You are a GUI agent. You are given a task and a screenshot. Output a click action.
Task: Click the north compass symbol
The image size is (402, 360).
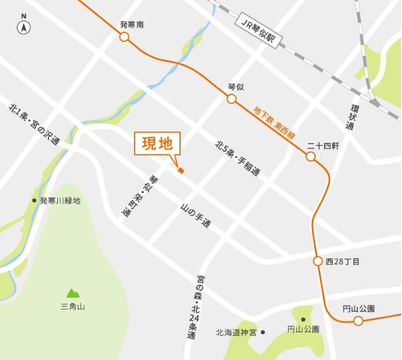pyautogui.click(x=24, y=27)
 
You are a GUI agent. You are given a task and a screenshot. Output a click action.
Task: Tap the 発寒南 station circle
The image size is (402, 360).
pyautogui.click(x=124, y=36)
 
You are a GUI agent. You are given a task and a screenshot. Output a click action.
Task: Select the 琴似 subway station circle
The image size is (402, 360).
pyautogui.click(x=231, y=99)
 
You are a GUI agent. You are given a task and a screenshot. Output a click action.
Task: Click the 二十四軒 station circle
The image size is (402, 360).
pyautogui.click(x=310, y=157)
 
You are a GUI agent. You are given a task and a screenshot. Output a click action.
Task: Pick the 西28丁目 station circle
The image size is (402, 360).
pyautogui.click(x=318, y=262)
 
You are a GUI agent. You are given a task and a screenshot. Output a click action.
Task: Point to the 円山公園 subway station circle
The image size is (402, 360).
pyautogui.click(x=355, y=321)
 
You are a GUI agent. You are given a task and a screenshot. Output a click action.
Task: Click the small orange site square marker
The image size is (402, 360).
pyautogui.click(x=182, y=170)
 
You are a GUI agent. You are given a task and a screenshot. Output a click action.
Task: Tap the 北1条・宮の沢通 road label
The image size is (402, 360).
pyautogui.click(x=34, y=124)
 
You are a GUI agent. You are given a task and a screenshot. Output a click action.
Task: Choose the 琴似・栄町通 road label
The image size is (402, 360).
pyautogui.click(x=139, y=197)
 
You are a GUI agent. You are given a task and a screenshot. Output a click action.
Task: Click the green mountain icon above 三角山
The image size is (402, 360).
pyautogui.click(x=74, y=293)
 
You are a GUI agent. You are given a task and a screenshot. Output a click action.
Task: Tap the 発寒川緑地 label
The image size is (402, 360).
pyautogui.click(x=56, y=200)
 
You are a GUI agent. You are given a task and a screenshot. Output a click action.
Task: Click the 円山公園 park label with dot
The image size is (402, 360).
pyautogui.click(x=299, y=329)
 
